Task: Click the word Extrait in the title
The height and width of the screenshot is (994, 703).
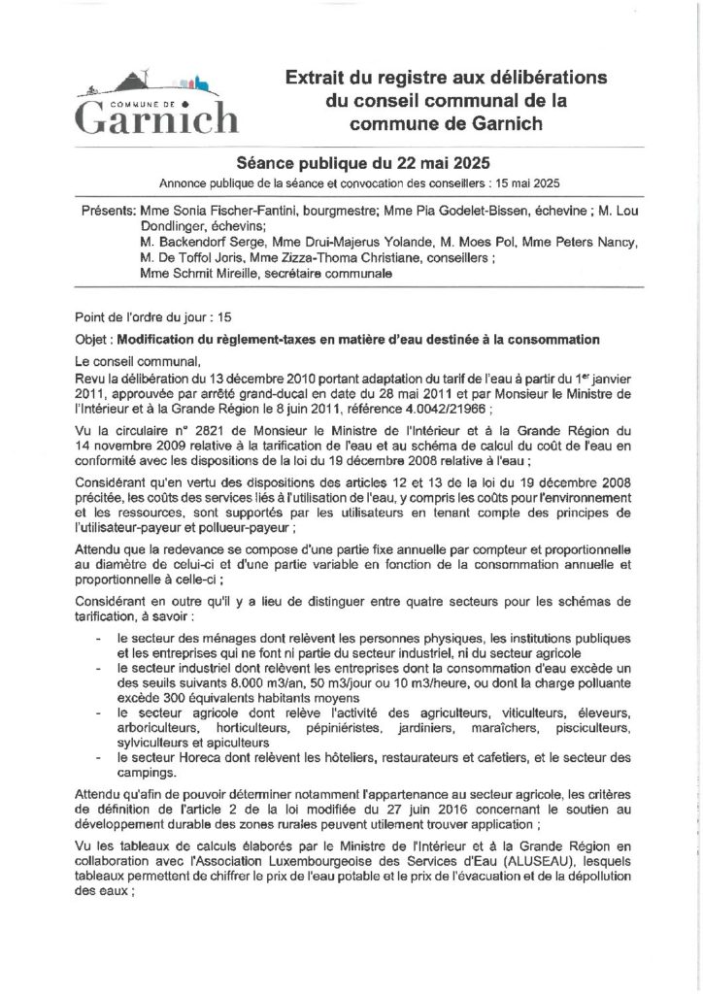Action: pos(316,77)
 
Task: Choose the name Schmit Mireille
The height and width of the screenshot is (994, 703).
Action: pos(203,275)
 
